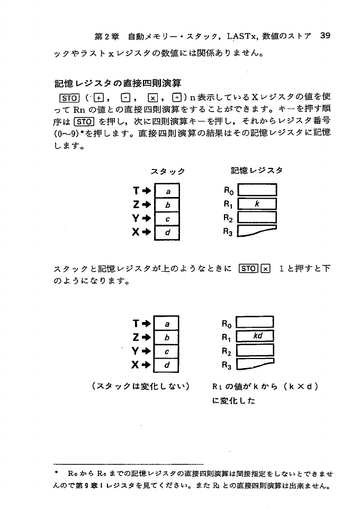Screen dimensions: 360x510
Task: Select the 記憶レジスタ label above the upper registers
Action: pos(257,171)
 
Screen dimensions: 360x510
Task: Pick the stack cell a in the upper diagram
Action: pos(168,191)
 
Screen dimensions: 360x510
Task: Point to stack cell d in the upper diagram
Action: pos(168,232)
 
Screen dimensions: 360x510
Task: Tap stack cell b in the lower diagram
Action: pos(167,337)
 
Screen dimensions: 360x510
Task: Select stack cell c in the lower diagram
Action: pos(167,351)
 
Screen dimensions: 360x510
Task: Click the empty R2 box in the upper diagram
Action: pos(258,218)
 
